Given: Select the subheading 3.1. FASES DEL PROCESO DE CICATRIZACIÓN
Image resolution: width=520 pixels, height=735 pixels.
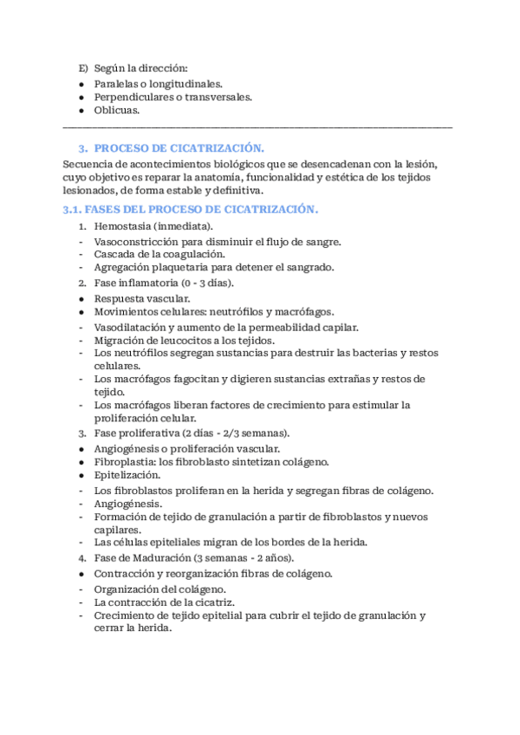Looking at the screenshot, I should pos(191,210).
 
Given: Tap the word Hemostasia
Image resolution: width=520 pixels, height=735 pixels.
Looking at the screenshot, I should pos(122,226).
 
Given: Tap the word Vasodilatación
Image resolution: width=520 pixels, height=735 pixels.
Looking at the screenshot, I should pos(130,327).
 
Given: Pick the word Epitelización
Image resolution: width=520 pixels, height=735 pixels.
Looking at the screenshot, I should pos(127,475).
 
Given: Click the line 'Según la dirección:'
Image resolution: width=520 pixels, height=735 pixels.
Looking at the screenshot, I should pos(141,68).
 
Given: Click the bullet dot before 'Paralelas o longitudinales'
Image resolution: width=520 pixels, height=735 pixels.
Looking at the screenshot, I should pos(81,84).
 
